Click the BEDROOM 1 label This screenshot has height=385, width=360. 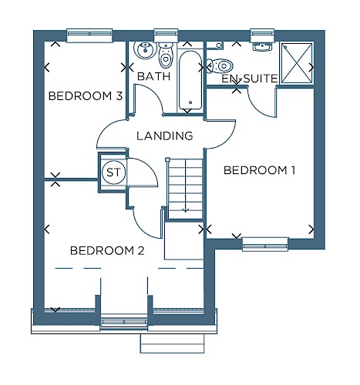click(259, 170)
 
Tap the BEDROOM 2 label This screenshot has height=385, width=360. click(107, 250)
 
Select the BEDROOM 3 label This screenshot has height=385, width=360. click(85, 96)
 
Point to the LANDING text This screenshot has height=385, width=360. click(165, 136)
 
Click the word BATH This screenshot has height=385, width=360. click(153, 76)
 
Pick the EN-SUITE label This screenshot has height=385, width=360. click(250, 79)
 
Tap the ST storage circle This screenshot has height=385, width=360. click(113, 172)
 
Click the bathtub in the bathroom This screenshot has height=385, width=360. click(190, 80)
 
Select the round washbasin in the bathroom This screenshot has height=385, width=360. click(146, 50)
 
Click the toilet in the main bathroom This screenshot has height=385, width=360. click(166, 55)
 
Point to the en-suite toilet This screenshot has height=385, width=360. click(220, 66)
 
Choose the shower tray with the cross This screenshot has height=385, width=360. click(297, 63)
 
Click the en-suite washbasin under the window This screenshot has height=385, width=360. click(262, 46)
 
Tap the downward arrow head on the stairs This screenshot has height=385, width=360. click(185, 210)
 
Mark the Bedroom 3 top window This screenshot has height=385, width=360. click(89, 35)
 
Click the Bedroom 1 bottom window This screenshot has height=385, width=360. click(265, 244)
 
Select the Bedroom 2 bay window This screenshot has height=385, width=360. click(124, 322)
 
